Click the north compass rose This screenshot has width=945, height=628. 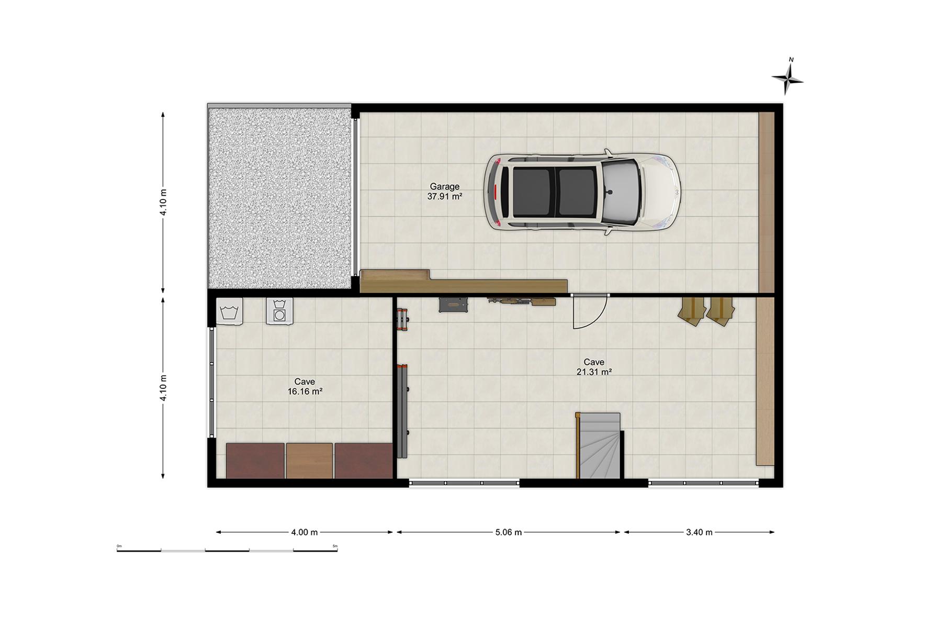coord(787,78)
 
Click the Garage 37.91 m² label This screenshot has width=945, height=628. coord(445,192)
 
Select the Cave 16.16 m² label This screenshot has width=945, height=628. coord(305,386)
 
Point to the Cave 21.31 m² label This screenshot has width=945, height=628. coord(594,367)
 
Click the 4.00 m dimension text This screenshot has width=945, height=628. coord(305,532)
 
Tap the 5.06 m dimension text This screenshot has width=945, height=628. coord(509,532)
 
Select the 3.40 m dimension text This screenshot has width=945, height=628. coord(699,532)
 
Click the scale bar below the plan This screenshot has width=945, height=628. coord(227,549)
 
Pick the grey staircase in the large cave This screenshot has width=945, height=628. coord(600,445)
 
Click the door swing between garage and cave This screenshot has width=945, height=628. coord(590,312)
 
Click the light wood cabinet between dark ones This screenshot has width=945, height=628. coord(309,461)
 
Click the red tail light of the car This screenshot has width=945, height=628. coord(494,192)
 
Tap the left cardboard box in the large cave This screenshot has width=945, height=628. coord(691,311)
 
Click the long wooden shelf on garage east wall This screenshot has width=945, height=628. coord(766,202)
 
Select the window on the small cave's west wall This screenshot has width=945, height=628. coord(211,383)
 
